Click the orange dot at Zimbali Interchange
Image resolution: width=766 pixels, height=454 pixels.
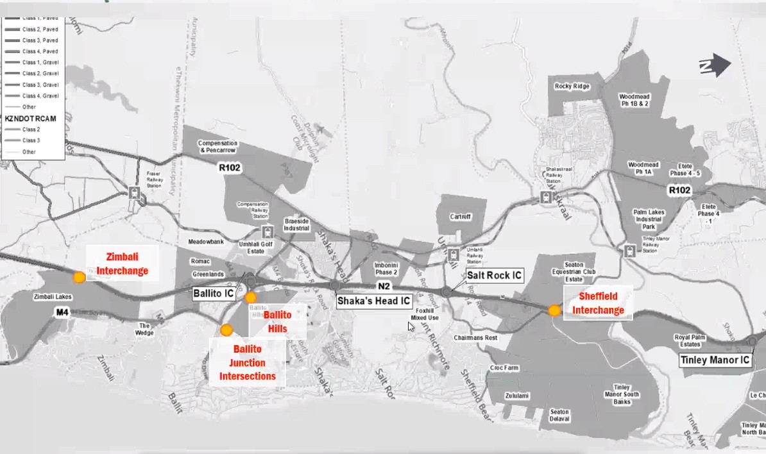(x=79, y=277)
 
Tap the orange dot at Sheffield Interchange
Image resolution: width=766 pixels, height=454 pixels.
(x=554, y=310)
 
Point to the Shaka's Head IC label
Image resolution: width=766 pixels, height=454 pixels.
(x=373, y=299)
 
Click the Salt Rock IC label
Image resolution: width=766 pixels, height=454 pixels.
(x=494, y=276)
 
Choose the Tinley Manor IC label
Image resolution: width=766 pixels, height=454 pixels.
(x=715, y=360)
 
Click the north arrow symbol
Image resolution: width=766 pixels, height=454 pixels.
(x=715, y=65)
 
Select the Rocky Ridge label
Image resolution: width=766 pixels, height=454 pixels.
(x=572, y=86)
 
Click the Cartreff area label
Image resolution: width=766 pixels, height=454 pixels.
(x=460, y=217)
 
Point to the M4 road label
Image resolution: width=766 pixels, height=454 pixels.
(x=62, y=312)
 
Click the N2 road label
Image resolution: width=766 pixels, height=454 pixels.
(x=384, y=286)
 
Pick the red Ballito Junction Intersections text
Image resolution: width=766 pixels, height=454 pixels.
(x=248, y=363)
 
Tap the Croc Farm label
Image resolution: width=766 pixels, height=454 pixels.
(x=504, y=368)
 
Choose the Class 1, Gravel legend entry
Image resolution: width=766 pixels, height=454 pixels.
(x=40, y=62)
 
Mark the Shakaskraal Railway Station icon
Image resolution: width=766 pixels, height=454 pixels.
(x=547, y=197)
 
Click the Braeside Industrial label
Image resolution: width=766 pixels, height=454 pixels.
(x=296, y=224)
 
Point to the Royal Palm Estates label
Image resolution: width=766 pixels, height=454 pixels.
(x=690, y=340)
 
